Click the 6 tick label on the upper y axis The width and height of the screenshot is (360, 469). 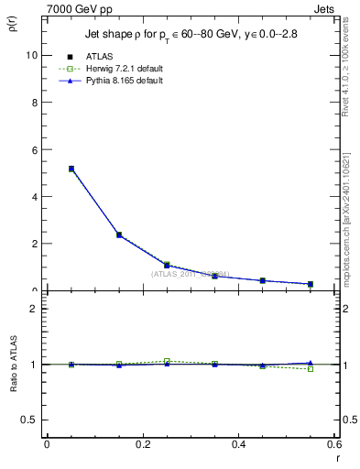(33, 149)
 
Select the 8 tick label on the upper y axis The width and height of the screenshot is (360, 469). (33, 103)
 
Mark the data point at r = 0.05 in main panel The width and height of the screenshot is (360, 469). (71, 169)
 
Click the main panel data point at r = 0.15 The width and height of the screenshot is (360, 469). (119, 234)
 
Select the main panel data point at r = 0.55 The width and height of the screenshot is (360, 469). (310, 284)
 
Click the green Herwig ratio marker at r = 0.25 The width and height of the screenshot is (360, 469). (167, 361)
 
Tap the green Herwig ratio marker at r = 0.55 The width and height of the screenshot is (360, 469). (310, 368)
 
